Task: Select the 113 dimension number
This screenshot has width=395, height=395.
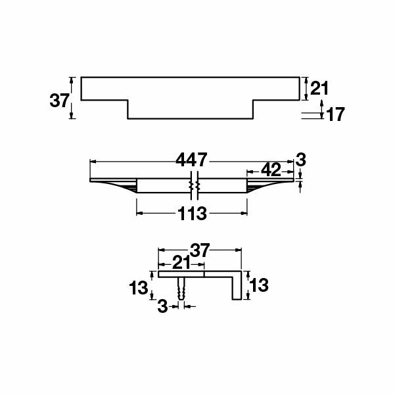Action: pyautogui.click(x=192, y=214)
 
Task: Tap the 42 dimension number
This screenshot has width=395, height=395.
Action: pyautogui.click(x=271, y=170)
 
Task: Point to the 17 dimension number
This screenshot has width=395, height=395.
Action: pyautogui.click(x=335, y=114)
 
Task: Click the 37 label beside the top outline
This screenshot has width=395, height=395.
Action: pyautogui.click(x=59, y=101)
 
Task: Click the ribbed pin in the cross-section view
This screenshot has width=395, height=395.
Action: pyautogui.click(x=181, y=289)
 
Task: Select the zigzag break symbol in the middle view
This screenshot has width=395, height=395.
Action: pyautogui.click(x=194, y=186)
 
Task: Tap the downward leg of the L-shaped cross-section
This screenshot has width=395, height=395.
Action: pyautogui.click(x=234, y=288)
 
